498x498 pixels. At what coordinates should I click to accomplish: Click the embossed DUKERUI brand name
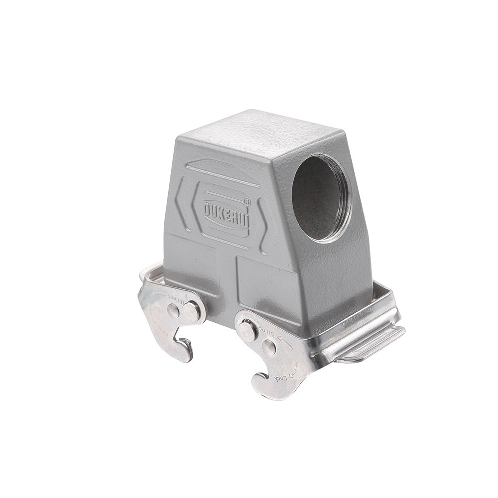[x=226, y=213]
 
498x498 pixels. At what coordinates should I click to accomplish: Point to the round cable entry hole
[x=321, y=198]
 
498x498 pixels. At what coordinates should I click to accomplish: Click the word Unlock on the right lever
[x=269, y=333]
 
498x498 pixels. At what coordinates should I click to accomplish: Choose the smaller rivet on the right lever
[x=269, y=348]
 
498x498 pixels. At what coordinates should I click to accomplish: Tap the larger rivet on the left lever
[x=191, y=312]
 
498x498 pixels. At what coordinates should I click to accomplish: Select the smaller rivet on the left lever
[x=173, y=311]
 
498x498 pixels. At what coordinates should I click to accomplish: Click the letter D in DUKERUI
[x=208, y=208]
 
